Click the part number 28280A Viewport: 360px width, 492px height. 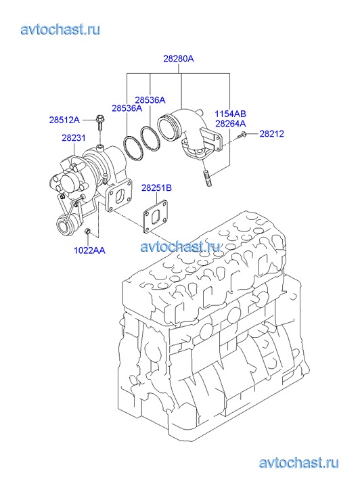click(x=178, y=59)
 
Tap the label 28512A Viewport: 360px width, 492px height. click(x=64, y=120)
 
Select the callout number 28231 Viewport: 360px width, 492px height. click(x=74, y=138)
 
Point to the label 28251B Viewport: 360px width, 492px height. click(x=156, y=188)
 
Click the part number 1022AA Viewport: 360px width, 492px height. click(x=89, y=250)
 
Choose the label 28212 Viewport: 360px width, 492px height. click(x=271, y=134)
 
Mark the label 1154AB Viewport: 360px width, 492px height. click(x=230, y=114)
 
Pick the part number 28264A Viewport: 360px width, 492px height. click(x=230, y=124)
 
